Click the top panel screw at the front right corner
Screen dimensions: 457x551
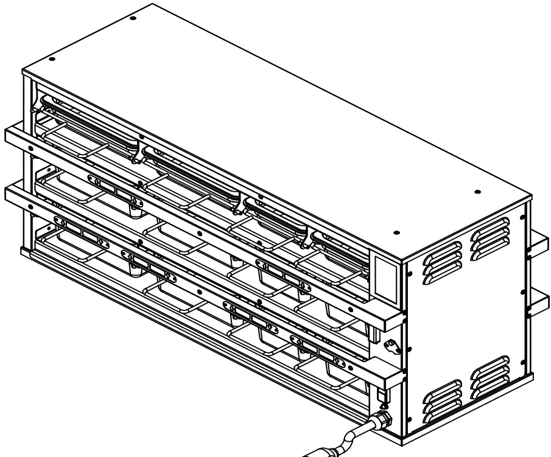coord(396,232)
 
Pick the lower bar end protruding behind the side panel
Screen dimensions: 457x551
coord(539,302)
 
